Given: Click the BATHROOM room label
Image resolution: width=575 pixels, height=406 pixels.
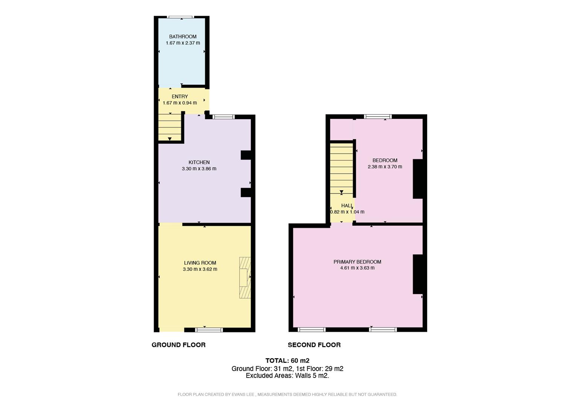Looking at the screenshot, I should point(183,36).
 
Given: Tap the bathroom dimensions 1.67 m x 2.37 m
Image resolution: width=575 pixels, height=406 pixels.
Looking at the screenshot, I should point(183,43).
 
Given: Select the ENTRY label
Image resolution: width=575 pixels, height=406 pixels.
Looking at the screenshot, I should point(179,97).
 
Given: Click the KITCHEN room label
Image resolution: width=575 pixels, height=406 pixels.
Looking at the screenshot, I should point(199,162).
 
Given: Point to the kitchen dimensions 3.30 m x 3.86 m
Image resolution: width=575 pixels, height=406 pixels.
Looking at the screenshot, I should point(199,169).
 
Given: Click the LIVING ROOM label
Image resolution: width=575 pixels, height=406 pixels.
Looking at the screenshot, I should point(200,263).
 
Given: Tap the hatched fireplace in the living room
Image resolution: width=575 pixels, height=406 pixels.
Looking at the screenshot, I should point(245,278).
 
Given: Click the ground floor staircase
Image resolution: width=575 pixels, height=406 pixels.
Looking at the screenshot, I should point(170,126).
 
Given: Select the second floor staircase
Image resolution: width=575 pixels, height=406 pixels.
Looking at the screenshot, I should point(341,168).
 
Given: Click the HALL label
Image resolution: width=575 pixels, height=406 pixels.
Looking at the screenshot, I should point(347,206).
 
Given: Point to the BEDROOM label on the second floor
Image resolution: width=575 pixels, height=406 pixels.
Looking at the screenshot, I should point(385,160).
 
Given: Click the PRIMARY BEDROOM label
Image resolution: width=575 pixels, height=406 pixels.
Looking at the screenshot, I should point(357,262).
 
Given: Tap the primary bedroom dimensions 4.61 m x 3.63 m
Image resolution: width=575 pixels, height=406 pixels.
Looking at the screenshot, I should point(357,268).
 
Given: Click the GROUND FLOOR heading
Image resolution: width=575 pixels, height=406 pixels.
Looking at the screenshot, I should point(178,345).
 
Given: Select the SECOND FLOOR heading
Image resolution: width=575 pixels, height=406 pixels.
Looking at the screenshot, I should point(314,345).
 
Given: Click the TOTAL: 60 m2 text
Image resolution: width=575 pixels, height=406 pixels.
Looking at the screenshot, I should point(287,361).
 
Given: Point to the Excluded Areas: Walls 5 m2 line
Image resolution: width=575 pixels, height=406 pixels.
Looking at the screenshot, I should point(287,376).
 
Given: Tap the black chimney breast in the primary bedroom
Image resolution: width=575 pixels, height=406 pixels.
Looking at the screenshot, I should point(418,274).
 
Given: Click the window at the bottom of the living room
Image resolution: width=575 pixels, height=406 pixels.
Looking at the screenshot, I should point(209,330).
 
